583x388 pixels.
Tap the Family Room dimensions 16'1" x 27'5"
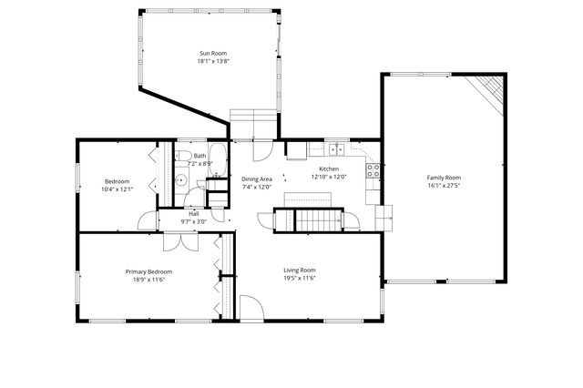click(445, 185)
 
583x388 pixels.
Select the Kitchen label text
click(329, 169)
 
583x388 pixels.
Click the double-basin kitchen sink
click(337, 148)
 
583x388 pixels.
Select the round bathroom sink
click(181, 180)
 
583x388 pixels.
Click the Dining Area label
click(257, 179)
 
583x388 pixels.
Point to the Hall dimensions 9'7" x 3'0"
click(194, 221)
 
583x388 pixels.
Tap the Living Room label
click(299, 270)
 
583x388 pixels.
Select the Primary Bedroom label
click(148, 271)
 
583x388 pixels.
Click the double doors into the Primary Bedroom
click(176, 241)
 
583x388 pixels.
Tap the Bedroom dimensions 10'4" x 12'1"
click(118, 189)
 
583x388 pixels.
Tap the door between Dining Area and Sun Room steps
click(264, 147)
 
